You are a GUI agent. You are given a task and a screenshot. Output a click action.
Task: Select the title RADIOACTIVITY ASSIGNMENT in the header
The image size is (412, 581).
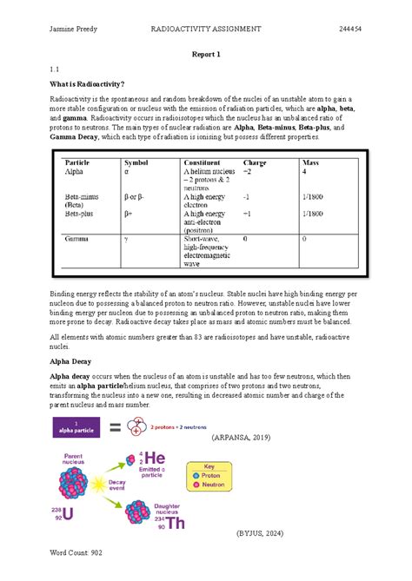click(206, 29)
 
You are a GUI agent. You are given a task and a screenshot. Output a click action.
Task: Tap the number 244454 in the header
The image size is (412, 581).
click(351, 29)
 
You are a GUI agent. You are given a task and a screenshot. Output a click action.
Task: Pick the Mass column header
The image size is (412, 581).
click(310, 162)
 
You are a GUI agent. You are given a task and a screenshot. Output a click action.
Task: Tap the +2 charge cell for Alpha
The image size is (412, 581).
click(248, 172)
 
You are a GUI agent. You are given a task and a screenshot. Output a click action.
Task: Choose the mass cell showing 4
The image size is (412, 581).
click(304, 172)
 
